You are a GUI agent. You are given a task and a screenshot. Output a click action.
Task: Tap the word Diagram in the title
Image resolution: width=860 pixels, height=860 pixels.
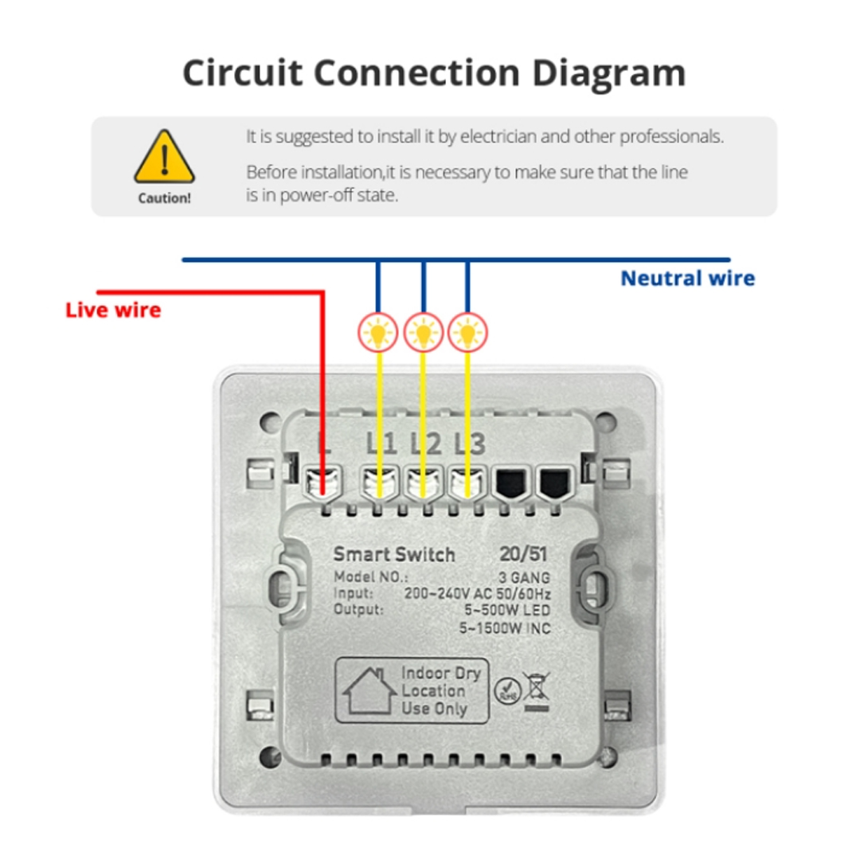click(609, 74)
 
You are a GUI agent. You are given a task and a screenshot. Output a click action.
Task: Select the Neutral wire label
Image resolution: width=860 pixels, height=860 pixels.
click(688, 279)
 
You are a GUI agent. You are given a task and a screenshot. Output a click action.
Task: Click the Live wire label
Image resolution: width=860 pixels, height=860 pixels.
click(113, 311)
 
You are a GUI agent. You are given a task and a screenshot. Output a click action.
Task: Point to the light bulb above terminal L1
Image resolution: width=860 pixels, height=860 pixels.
click(378, 332)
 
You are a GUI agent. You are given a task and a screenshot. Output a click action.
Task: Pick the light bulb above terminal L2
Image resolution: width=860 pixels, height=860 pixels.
click(423, 332)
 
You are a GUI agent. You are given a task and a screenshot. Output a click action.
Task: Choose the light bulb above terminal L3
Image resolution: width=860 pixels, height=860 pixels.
click(468, 332)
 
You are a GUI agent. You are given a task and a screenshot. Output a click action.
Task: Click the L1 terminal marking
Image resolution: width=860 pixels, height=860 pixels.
click(381, 444)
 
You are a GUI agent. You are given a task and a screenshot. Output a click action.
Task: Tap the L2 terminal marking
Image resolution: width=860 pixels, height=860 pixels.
click(426, 444)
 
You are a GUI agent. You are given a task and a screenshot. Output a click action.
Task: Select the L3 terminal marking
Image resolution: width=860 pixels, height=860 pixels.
click(470, 444)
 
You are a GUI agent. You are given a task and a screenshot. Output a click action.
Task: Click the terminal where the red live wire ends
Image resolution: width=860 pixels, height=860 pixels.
click(323, 483)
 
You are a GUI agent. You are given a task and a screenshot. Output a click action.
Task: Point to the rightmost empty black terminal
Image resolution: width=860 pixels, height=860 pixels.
click(555, 483)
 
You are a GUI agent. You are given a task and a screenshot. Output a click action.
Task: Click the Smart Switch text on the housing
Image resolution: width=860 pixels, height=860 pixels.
click(394, 554)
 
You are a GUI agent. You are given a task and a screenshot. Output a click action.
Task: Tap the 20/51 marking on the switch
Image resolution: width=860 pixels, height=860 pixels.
click(523, 554)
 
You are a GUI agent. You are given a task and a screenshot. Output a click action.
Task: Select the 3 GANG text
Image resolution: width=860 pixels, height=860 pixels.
click(524, 577)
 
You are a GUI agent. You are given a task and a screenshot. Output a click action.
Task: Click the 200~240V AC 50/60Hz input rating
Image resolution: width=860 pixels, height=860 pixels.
click(477, 594)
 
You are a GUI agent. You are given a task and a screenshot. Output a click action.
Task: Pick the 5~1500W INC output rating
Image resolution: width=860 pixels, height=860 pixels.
click(505, 628)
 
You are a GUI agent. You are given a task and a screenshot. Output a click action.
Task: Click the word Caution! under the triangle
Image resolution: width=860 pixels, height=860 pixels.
click(165, 198)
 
